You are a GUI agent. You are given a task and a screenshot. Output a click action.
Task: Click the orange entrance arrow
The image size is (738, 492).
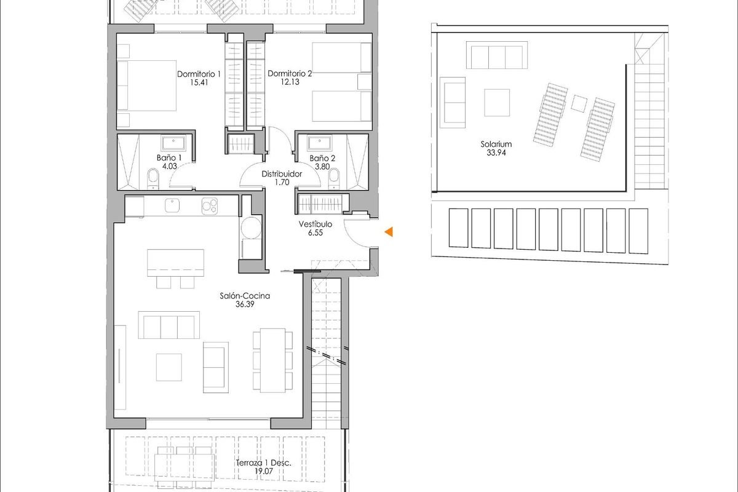[389, 232]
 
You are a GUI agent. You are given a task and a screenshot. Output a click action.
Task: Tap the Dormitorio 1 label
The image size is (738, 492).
[199, 74]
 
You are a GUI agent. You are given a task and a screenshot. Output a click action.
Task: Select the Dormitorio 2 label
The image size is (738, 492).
[290, 74]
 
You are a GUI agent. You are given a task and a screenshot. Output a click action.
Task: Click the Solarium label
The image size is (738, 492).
[496, 145]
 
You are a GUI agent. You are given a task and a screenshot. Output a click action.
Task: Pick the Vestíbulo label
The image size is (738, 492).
[315, 224]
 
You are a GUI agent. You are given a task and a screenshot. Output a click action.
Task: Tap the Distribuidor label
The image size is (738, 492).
[281, 174]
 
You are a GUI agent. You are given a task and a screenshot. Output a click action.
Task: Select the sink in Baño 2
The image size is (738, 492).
[319, 144]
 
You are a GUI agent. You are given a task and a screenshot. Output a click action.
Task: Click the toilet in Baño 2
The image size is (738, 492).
[334, 178]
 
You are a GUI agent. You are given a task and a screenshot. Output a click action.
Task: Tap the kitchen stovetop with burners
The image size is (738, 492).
[209, 206]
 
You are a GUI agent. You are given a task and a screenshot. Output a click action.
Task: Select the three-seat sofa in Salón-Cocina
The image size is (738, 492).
[169, 325]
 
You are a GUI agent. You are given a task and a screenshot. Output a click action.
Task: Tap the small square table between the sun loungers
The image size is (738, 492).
[579, 103]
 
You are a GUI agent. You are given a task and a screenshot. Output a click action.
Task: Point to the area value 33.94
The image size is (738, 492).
[496, 154]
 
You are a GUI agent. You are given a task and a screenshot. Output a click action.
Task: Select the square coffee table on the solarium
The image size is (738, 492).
[497, 103]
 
